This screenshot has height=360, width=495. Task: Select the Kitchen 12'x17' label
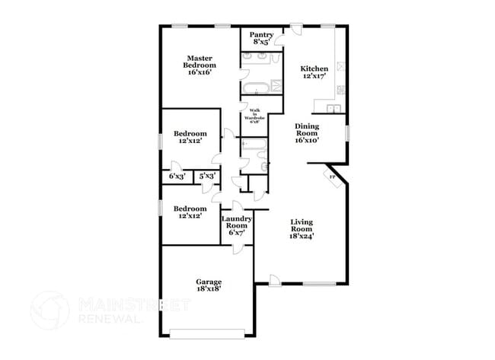coord(314,72)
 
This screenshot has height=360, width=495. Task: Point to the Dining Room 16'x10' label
coord(306,134)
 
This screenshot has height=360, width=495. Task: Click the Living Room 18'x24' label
coord(302,229)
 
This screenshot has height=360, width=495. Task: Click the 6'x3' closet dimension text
coord(177,176)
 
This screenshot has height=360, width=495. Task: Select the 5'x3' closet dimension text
coord(206,176)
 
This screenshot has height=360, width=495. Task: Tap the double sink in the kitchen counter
coord(340,94)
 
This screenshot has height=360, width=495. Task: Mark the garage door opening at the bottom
coord(207,332)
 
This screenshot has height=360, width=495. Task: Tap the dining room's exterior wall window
coord(347,132)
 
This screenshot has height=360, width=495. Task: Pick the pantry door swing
coord(279,33)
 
